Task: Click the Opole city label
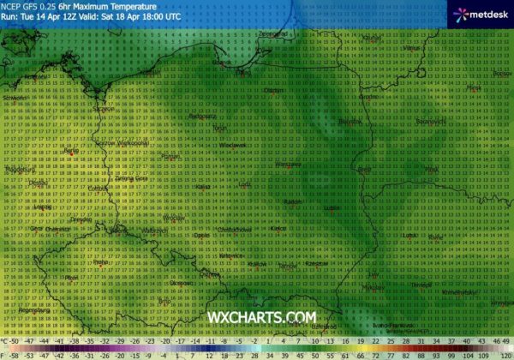point(202,235)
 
